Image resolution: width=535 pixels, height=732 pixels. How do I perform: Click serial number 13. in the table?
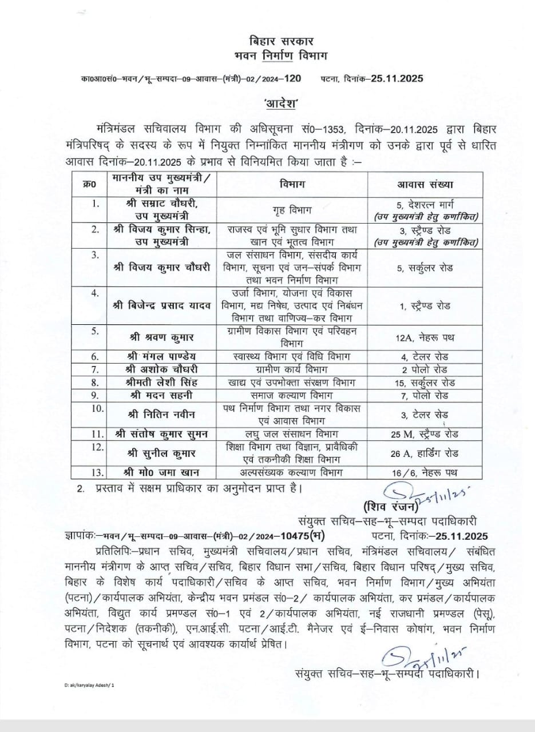pyautogui.click(x=97, y=472)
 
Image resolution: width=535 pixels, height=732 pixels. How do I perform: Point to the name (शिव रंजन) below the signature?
pyautogui.click(x=390, y=507)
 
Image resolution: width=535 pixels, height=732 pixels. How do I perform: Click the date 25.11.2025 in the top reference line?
pyautogui.click(x=391, y=79)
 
